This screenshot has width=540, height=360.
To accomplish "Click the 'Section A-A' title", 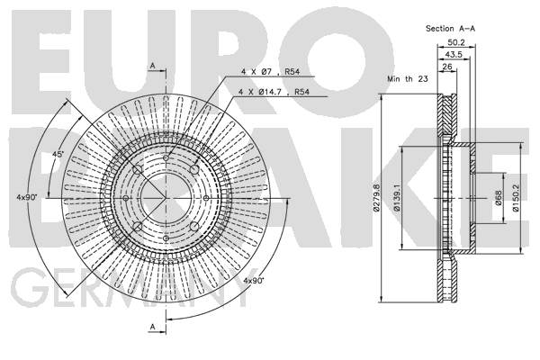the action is tap(450, 29).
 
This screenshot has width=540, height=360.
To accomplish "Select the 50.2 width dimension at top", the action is tap(456, 42).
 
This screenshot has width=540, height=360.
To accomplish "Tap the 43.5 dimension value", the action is tap(454, 54).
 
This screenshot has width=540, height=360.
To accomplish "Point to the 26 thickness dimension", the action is tap(446, 67).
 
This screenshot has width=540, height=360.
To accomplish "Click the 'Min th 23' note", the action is tap(408, 79).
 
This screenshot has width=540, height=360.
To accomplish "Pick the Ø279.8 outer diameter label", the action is tap(375, 197).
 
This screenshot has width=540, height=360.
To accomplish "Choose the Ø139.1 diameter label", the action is tap(397, 197).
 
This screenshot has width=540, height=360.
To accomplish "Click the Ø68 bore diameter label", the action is tap(499, 198).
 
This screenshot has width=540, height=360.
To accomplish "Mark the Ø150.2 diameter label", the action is tap(516, 197).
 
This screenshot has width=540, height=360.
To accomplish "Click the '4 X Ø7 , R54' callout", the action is tap(270, 72).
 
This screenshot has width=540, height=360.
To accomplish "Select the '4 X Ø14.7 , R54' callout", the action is tap(274, 92).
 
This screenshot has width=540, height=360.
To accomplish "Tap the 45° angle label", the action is tap(58, 154).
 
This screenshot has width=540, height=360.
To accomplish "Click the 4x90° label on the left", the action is tap(27, 197).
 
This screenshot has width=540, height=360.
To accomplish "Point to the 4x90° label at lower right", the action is tap(254, 281).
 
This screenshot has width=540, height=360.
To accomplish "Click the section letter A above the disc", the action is tap(153, 66).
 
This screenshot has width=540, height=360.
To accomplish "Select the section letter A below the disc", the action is tap(153, 327).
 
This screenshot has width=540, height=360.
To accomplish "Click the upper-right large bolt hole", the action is tap(194, 169).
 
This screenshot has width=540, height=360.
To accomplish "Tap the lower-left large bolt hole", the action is tap(138, 226).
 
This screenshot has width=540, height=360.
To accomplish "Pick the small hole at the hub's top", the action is tap(166, 157).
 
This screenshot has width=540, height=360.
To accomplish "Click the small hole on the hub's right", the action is tap(206, 198).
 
